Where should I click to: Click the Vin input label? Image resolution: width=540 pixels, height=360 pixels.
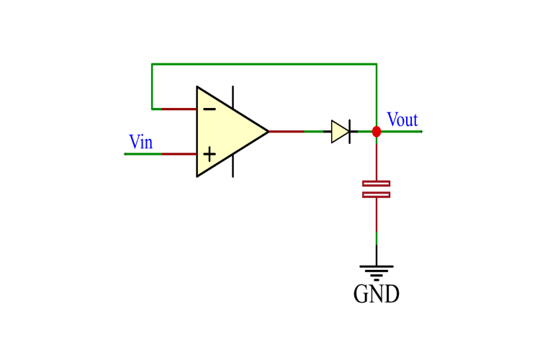coord(140,142)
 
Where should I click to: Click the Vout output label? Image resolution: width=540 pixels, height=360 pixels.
coord(402,120)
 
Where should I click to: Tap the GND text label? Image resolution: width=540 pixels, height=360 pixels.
coord(376,294)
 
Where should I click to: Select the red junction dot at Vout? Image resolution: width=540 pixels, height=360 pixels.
coord(376,131)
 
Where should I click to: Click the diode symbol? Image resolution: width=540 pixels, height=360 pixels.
coord(341,131)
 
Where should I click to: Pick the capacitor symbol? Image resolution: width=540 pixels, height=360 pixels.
coord(376,189)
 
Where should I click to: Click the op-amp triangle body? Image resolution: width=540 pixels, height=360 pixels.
coord(227,132)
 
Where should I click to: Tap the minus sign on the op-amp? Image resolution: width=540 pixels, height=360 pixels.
coord(209,109)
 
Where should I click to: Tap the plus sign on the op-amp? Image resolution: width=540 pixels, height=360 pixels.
coord(209,153)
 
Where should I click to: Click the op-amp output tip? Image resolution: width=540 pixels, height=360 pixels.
coord(268,132)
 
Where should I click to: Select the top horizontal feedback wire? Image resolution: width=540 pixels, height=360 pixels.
coord(264,64)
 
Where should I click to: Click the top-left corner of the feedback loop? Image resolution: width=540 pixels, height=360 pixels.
coord(152,64)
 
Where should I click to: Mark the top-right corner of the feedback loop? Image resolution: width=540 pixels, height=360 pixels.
coord(376,64)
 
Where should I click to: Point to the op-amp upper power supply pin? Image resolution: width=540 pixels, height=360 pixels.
coord(233,94)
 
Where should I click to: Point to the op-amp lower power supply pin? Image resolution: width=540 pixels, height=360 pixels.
coord(233,169)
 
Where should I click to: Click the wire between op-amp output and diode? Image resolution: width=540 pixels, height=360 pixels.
coord(299,132)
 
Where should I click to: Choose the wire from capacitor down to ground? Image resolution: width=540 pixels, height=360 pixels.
coord(376,230)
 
